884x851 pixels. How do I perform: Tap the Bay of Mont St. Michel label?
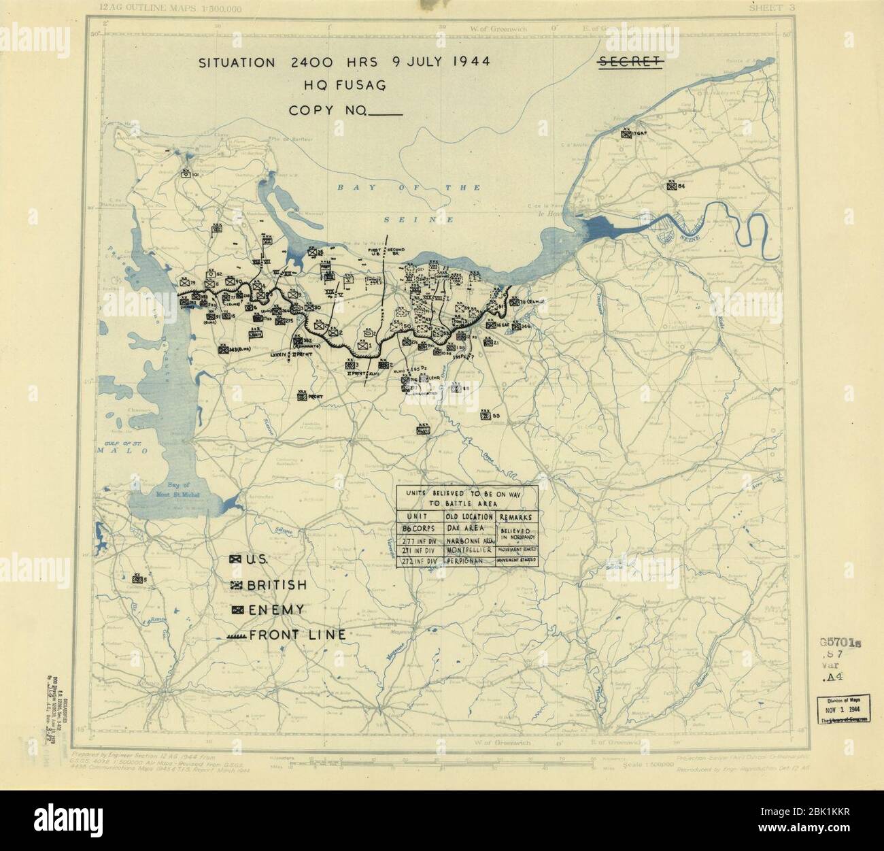coord(160,486)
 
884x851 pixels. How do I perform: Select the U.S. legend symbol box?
coord(235,559)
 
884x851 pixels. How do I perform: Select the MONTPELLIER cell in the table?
coord(471,549)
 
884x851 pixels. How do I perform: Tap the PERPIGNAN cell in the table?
coord(471,561)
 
